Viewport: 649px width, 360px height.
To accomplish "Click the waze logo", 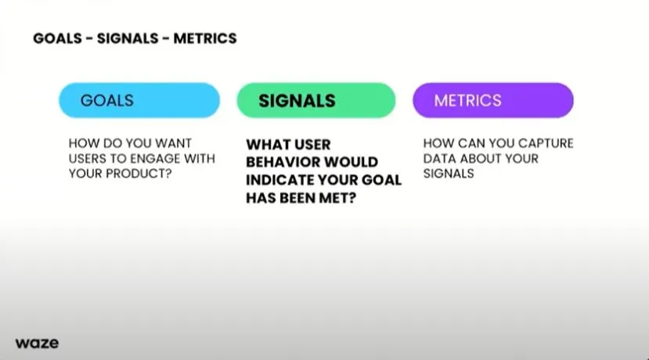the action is [x=37, y=343].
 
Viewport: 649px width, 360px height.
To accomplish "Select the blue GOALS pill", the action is [x=139, y=100].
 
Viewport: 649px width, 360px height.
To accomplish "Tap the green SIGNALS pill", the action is [x=316, y=100].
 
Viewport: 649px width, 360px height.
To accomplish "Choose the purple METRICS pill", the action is [x=493, y=100].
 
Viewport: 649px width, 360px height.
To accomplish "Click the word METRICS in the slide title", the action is [x=205, y=38].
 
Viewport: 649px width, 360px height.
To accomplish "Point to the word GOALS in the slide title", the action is [x=57, y=38].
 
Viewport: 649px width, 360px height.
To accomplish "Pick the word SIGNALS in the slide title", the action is [x=128, y=38].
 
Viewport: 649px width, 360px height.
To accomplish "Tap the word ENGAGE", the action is [x=156, y=159].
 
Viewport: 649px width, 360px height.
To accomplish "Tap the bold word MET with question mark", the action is [x=337, y=198].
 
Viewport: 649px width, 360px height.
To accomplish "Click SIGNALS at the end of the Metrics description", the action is [x=449, y=174].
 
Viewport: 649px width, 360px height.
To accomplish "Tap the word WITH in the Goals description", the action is [x=200, y=159].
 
